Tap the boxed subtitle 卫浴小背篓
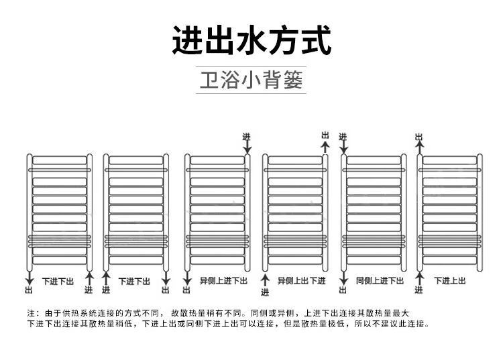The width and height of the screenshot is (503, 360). point(251,80)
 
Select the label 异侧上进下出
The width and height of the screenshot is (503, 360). point(223,280)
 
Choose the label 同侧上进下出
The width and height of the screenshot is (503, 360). point(380,280)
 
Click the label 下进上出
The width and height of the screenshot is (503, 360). point(450,280)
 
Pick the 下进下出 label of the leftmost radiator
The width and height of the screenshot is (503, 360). point(58,280)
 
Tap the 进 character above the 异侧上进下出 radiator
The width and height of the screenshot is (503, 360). point(246,136)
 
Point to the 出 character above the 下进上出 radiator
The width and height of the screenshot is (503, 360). point(419,137)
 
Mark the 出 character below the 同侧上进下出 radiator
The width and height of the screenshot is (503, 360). point(343,290)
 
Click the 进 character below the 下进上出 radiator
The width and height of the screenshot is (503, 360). point(419,290)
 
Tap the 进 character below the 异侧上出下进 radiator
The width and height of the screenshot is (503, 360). point(265,292)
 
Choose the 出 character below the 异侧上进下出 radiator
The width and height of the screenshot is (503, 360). point(186,290)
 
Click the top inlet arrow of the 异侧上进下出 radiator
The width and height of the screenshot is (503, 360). point(246,147)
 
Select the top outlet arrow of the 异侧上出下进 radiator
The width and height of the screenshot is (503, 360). point(325,147)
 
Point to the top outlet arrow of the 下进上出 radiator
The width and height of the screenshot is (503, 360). point(419,147)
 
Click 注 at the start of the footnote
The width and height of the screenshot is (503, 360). point(30,313)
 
